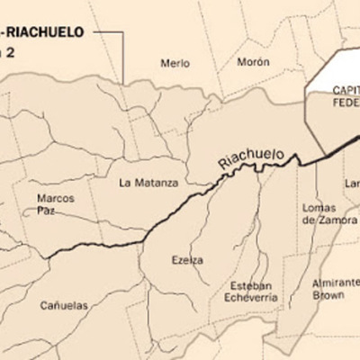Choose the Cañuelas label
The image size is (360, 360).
64,305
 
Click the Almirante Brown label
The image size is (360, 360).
334,287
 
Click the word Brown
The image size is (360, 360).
330,294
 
